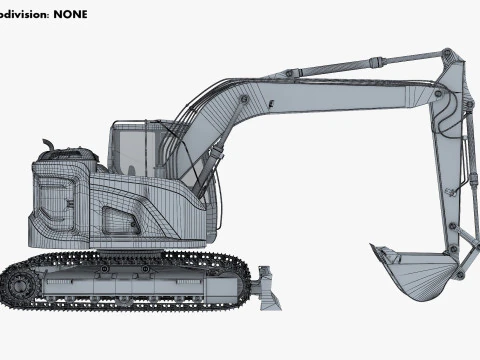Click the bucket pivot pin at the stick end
457,268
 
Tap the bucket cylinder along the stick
462,150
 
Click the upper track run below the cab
140,258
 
